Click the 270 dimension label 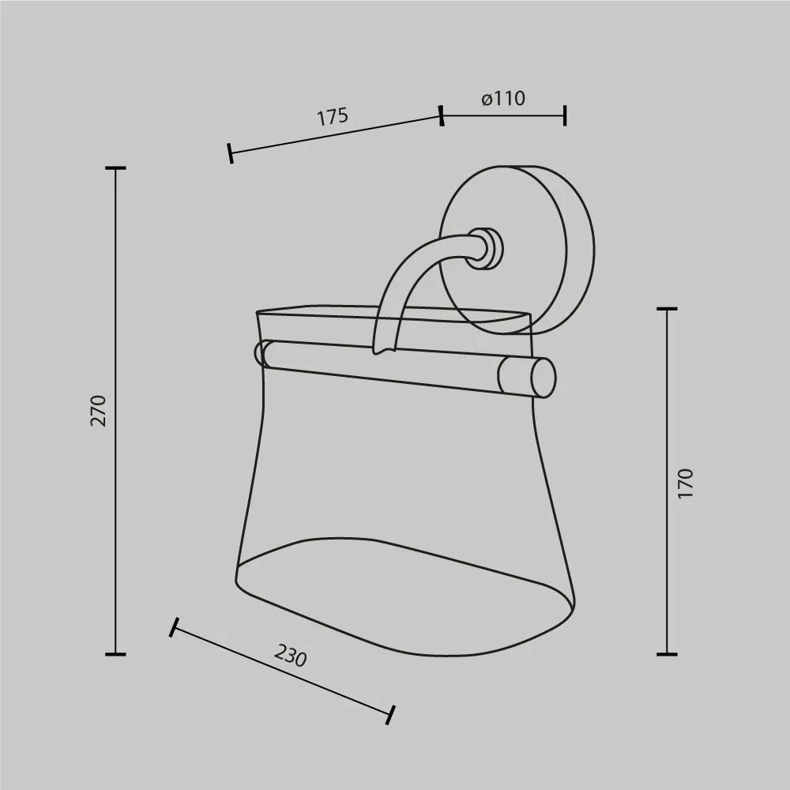[x=99, y=411]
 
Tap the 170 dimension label [x=686, y=483]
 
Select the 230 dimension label [x=290, y=655]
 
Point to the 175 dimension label [x=333, y=116]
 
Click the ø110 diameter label [x=503, y=98]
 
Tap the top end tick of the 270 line [x=115, y=167]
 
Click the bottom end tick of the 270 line [x=115, y=654]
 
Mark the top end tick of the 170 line [x=667, y=308]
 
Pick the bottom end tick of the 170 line [x=667, y=654]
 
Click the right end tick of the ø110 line [x=566, y=115]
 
